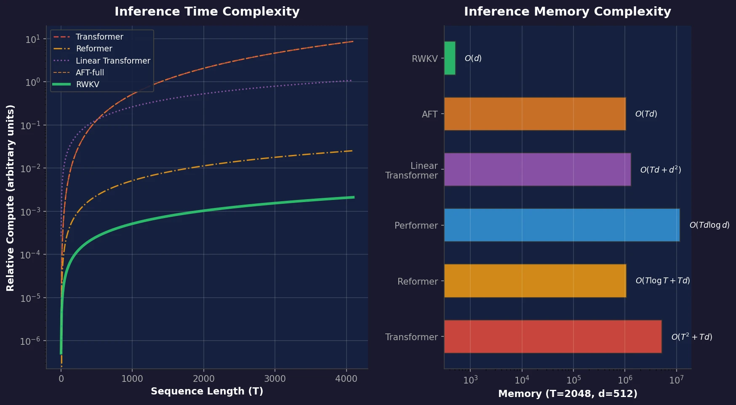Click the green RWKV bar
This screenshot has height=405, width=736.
click(450, 58)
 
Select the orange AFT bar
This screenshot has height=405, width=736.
click(535, 114)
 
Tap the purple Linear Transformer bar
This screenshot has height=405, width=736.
click(537, 169)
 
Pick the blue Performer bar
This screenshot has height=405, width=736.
click(562, 225)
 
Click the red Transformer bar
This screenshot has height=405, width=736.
click(552, 336)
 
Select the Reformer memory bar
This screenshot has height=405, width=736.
click(535, 281)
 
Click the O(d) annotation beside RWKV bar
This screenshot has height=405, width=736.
click(473, 58)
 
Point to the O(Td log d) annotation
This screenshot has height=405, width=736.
click(709, 225)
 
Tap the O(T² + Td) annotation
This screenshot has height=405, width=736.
click(691, 337)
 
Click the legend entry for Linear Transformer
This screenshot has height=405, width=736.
click(112, 61)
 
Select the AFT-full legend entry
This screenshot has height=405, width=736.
click(90, 72)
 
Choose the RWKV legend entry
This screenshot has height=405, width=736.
click(88, 84)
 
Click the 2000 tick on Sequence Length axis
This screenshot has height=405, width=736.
click(203, 378)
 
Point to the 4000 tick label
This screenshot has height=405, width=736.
click(346, 378)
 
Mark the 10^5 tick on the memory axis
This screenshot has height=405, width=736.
click(573, 380)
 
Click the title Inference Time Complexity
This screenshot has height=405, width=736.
click(207, 11)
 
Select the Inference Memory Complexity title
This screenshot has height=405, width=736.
click(567, 11)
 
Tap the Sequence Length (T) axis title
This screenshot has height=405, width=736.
click(207, 391)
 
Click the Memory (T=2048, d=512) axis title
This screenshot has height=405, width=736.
click(567, 394)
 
